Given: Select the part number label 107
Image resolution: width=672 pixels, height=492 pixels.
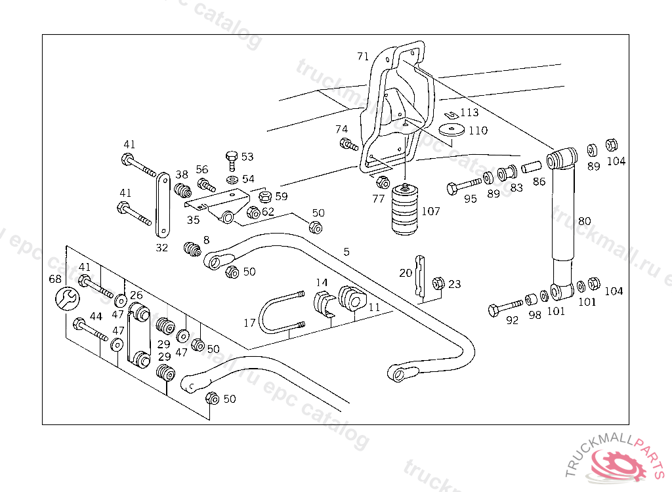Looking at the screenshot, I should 431,211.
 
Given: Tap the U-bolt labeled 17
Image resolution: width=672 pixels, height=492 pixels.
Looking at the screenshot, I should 279,315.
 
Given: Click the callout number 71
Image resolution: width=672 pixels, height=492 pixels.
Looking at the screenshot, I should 363,56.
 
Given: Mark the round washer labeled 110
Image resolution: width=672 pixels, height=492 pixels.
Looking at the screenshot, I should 452,129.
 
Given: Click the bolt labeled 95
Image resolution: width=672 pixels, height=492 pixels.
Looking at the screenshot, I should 467,186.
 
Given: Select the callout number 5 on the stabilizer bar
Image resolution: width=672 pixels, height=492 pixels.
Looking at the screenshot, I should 346,251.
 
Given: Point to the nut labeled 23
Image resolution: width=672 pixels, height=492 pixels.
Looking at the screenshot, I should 438,283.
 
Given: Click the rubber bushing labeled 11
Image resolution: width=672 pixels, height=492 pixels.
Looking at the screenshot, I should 351,300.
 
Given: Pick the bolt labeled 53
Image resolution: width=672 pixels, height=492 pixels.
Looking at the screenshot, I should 231,158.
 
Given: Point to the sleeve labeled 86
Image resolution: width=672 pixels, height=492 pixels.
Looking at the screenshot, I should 531,168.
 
